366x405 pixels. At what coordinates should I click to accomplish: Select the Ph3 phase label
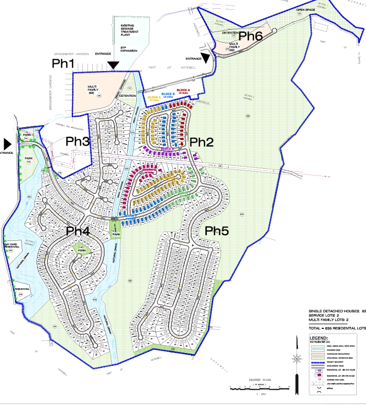pyautogui.click(x=79, y=141)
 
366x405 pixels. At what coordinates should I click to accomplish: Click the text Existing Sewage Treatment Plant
pyautogui.click(x=130, y=30)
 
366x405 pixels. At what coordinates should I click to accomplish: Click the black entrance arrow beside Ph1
pyautogui.click(x=113, y=64)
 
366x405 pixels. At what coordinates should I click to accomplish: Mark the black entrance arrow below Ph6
pyautogui.click(x=206, y=58)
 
